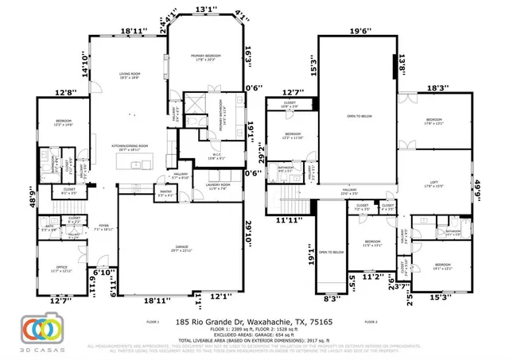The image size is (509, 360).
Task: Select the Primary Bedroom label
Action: tap(205, 56)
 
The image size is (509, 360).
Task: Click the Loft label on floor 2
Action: tap(435, 184)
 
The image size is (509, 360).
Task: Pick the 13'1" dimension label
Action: tap(204, 10)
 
